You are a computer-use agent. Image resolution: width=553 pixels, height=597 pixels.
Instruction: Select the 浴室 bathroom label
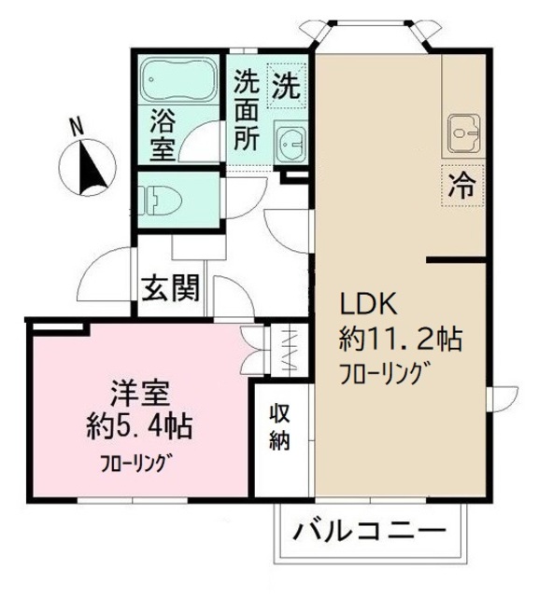coord(160,134)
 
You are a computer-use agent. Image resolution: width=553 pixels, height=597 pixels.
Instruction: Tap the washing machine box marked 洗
coord(286,88)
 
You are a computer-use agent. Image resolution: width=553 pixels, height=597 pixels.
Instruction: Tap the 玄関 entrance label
coord(170,290)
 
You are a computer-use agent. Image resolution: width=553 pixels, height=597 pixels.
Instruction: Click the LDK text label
coord(369,304)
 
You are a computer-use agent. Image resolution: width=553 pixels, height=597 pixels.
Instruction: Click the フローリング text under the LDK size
coord(384,372)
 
